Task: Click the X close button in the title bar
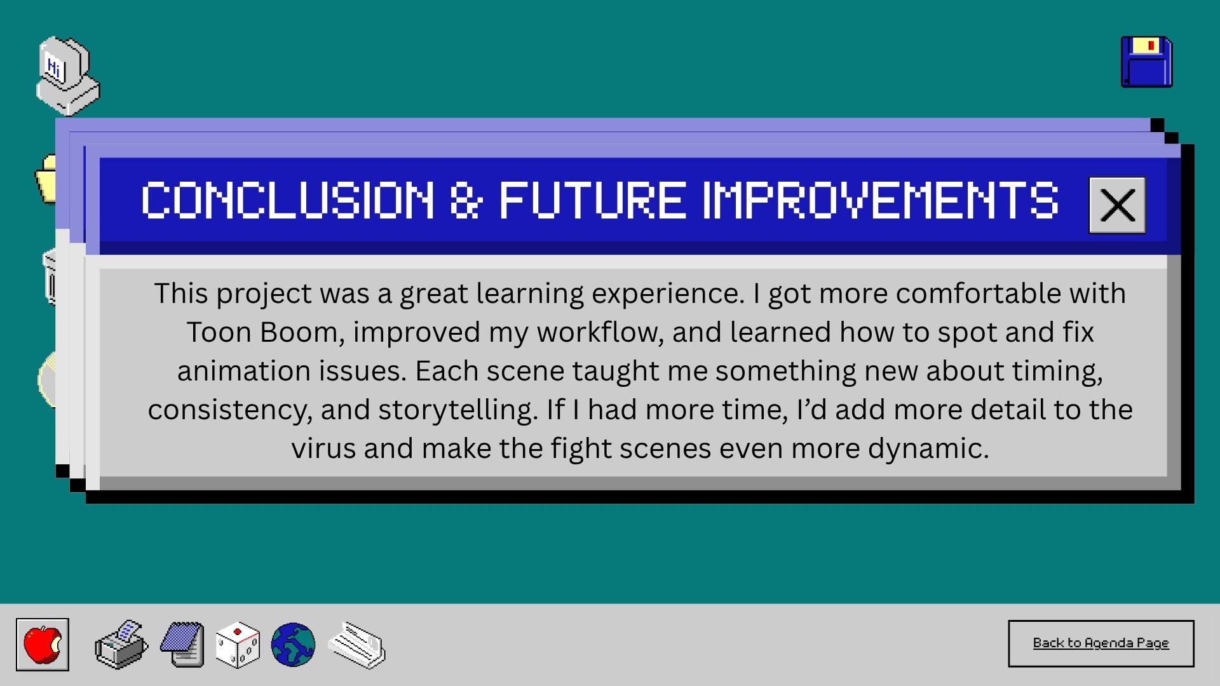(x=1117, y=205)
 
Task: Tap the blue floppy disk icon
(x=1147, y=62)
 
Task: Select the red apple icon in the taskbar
(x=43, y=645)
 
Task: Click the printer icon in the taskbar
(x=121, y=644)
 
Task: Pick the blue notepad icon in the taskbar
(x=182, y=645)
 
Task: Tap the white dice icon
(x=238, y=645)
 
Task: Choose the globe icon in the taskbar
(x=293, y=645)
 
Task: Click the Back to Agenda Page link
(x=1101, y=643)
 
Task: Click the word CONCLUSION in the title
(x=288, y=200)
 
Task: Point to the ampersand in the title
(x=466, y=200)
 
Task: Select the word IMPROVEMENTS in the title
(x=881, y=200)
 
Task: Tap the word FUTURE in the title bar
(x=593, y=200)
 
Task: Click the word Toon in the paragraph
(x=219, y=332)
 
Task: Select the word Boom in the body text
(x=302, y=333)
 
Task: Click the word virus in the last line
(x=323, y=448)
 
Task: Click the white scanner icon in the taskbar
(x=356, y=645)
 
